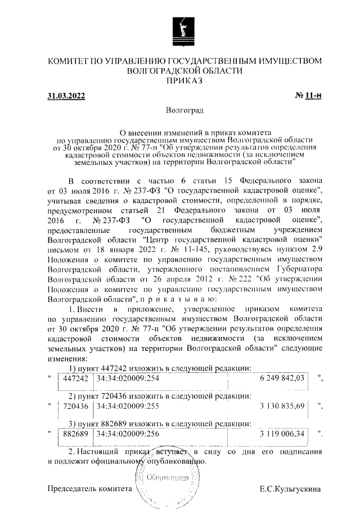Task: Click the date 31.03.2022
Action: click(x=66, y=97)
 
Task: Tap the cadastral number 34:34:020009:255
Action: click(x=128, y=405)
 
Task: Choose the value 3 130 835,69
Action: click(x=282, y=405)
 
